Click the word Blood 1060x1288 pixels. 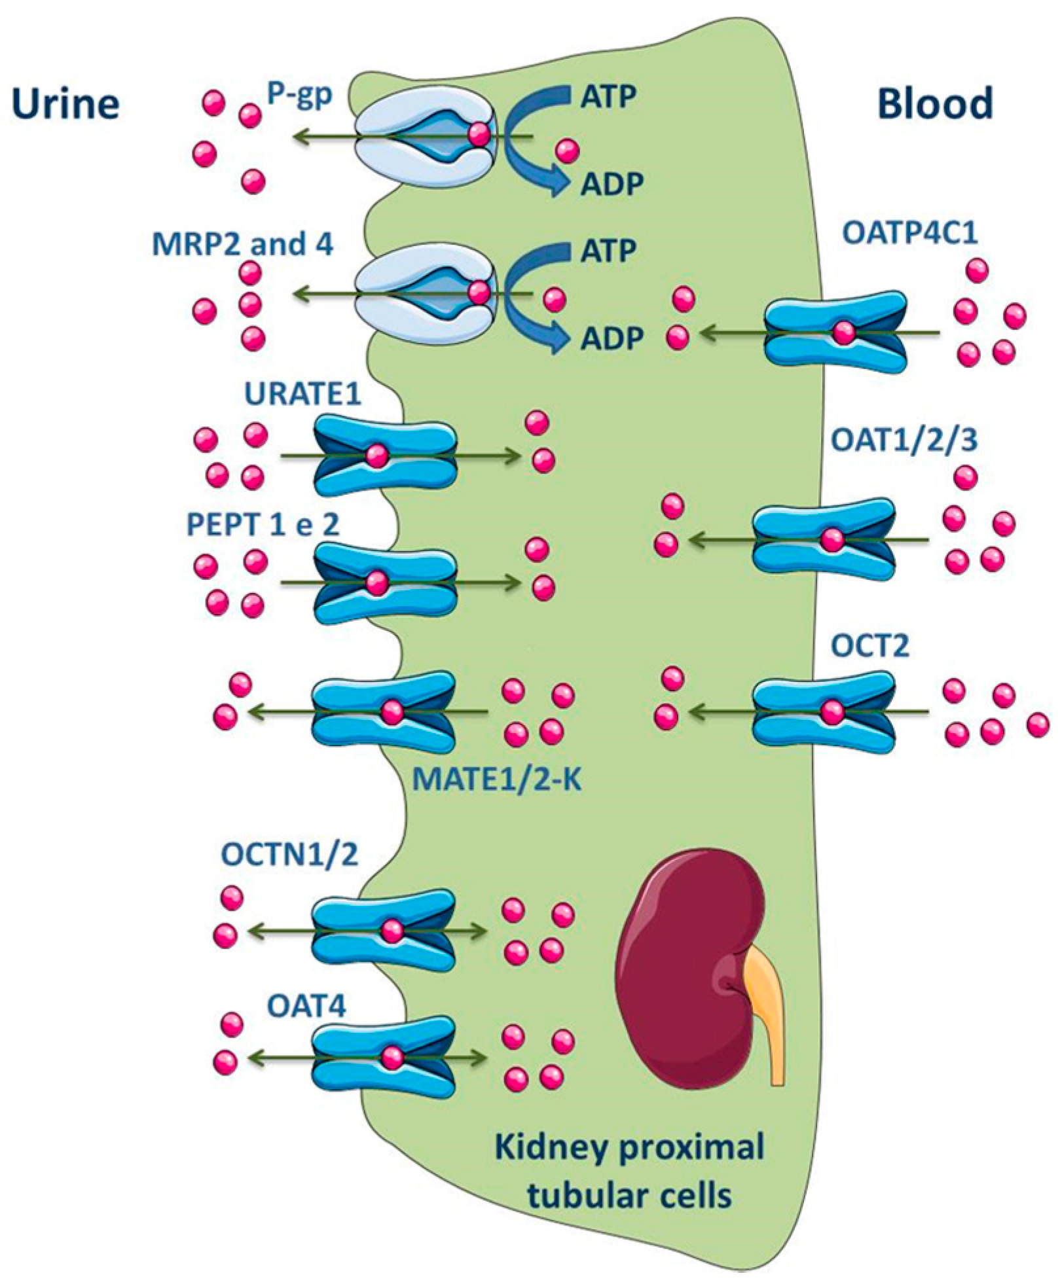935,103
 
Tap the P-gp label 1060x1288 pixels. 300,96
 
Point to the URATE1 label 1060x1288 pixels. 302,397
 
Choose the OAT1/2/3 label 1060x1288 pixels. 904,440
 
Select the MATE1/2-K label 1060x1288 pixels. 498,780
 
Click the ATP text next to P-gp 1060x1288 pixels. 608,97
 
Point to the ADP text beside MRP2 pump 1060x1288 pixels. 608,339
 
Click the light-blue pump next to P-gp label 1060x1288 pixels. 426,136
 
